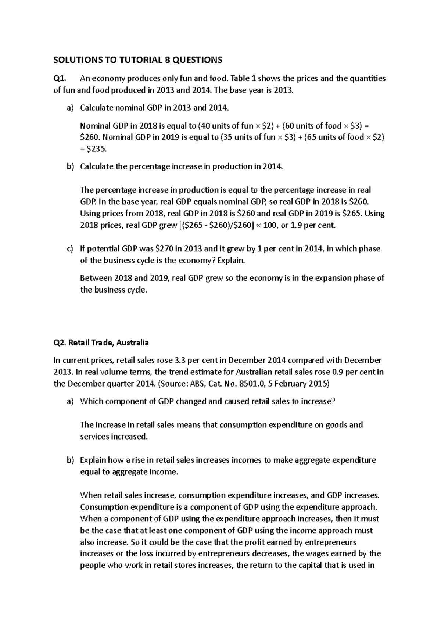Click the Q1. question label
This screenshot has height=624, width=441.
(60, 78)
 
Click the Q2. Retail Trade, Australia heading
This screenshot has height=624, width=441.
(101, 343)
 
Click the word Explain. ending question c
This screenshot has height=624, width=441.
(230, 261)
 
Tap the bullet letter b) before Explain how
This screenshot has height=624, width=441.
(70, 460)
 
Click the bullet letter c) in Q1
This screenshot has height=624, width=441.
(70, 249)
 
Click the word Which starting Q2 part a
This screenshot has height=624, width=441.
(90, 401)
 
